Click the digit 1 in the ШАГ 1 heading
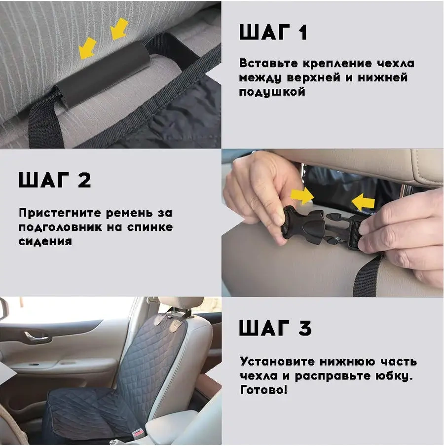click(x=303, y=32)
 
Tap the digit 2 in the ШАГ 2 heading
click(x=84, y=180)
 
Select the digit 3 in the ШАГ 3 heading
click(x=305, y=328)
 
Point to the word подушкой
click(x=272, y=92)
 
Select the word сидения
click(x=45, y=241)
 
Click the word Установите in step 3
click(x=277, y=362)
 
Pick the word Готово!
click(x=263, y=389)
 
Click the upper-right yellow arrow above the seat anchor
click(x=119, y=29)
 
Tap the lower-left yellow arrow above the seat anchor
click(x=88, y=48)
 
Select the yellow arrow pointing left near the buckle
click(x=363, y=202)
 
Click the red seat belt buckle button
click(x=139, y=433)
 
